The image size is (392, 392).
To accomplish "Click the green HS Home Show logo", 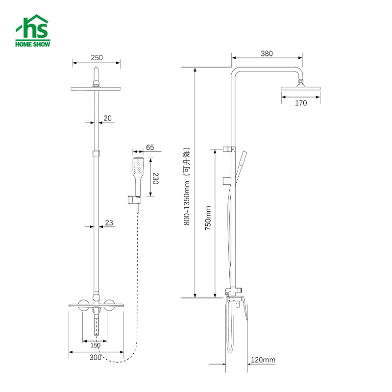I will click(x=33, y=32).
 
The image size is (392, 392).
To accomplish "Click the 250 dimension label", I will click(x=97, y=57).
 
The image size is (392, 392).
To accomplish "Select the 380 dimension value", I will click(x=267, y=54).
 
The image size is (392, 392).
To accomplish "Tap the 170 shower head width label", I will click(x=301, y=103).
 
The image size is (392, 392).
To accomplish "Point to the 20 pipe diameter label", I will click(x=107, y=118).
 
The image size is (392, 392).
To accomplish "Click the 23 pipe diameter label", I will click(x=109, y=223).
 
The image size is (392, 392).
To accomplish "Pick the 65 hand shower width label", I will click(x=149, y=147).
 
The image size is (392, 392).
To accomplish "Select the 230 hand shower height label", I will click(x=155, y=177).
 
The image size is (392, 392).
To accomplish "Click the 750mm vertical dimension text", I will click(x=208, y=218).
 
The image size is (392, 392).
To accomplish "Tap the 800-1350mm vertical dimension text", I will click(x=187, y=186).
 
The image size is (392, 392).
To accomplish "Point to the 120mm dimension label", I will click(x=263, y=360).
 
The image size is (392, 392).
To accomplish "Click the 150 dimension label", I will click(x=96, y=345).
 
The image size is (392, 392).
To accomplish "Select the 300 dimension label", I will click(x=96, y=357).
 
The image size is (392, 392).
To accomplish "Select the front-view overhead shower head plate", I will click(x=96, y=89).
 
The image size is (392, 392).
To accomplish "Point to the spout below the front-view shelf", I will click(x=96, y=324).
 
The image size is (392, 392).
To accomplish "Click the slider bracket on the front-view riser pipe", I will click(x=97, y=153).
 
